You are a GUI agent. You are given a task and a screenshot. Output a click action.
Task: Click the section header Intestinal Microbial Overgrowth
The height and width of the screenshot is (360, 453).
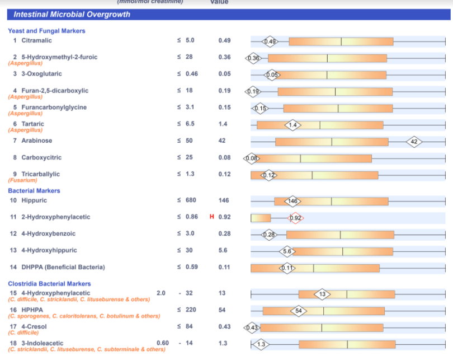tap(72, 15)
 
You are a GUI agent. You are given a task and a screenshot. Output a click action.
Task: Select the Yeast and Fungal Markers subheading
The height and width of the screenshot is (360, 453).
tap(46, 31)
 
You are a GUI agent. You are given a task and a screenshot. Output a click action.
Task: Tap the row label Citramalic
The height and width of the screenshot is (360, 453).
tap(36, 40)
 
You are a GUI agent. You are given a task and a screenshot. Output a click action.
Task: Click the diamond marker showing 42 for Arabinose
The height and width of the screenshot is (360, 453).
tap(414, 142)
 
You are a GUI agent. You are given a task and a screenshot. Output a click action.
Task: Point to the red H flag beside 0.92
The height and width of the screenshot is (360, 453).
tap(212, 217)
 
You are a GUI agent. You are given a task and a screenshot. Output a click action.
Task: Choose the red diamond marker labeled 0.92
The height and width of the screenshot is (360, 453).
tap(296, 218)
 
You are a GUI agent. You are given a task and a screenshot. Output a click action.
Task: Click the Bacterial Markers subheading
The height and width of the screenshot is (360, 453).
tap(34, 191)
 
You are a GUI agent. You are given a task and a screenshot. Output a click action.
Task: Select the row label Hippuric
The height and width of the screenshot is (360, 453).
tap(34, 200)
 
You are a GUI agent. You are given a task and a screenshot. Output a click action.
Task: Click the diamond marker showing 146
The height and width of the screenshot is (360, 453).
tap(293, 201)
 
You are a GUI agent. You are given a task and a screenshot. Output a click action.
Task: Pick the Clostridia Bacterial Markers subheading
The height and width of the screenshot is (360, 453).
tap(49, 284)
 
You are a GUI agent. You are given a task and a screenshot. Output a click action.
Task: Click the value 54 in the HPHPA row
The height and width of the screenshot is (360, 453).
tap(222, 310)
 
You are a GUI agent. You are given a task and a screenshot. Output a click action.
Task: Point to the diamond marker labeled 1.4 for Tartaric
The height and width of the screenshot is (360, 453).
tap(293, 125)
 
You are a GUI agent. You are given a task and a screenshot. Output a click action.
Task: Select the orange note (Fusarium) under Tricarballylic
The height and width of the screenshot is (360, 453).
tap(22, 180)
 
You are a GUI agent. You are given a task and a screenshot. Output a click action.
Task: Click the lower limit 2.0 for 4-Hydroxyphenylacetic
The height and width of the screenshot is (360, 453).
tap(161, 293)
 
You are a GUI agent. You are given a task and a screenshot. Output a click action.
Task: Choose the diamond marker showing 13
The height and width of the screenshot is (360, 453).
tap(323, 294)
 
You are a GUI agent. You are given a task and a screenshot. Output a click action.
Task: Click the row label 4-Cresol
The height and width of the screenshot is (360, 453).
tap(34, 326)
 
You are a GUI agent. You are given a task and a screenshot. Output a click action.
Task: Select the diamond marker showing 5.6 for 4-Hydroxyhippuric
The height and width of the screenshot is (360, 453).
tap(287, 251)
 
